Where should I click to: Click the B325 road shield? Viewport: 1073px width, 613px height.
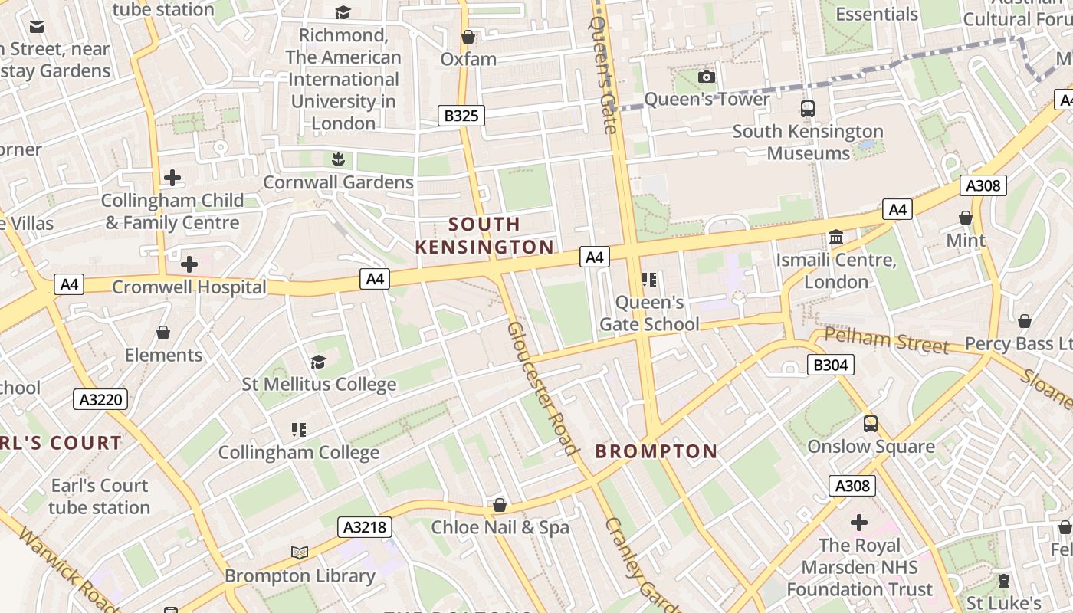click(x=461, y=116)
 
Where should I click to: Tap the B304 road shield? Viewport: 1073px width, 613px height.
click(x=830, y=365)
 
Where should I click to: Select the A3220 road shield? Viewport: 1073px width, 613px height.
click(x=100, y=399)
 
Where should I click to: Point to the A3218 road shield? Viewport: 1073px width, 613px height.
click(x=365, y=527)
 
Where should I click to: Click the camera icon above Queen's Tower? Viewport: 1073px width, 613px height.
click(x=706, y=77)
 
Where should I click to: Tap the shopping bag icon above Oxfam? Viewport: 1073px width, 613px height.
click(x=468, y=37)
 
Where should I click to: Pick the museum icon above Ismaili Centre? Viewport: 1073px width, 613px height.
click(x=836, y=238)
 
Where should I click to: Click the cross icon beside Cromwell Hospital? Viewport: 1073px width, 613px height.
click(x=189, y=264)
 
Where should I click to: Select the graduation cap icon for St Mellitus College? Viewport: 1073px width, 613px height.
click(x=318, y=362)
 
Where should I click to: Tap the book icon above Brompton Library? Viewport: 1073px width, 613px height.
click(x=300, y=552)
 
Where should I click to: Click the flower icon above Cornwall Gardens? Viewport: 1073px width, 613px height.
click(x=338, y=159)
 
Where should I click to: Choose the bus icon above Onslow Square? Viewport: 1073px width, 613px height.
click(x=871, y=424)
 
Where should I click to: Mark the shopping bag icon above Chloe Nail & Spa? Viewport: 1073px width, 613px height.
click(x=500, y=505)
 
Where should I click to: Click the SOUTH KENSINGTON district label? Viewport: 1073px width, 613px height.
click(x=484, y=235)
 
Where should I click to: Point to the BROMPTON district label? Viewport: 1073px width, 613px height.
click(x=656, y=451)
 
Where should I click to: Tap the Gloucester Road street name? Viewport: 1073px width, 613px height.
click(x=541, y=388)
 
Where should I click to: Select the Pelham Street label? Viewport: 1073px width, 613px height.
click(x=887, y=339)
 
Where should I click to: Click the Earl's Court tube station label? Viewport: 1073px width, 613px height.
click(x=99, y=497)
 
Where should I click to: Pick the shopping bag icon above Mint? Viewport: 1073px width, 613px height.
click(x=966, y=218)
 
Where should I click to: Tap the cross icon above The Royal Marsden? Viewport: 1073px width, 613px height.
click(x=859, y=523)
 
